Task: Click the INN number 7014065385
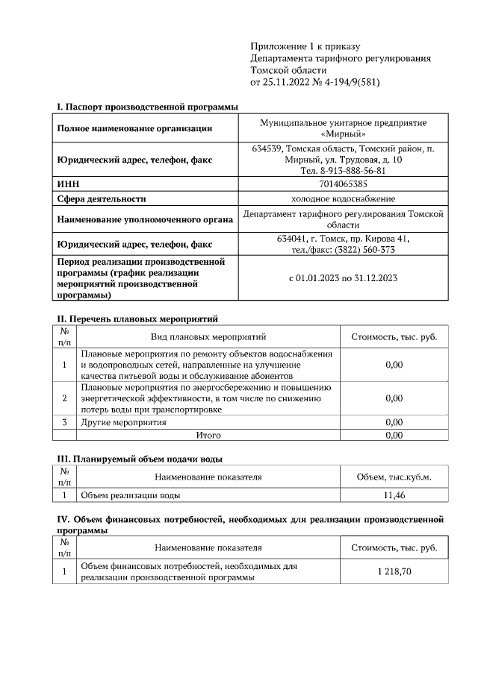coord(344,183)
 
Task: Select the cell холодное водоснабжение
coord(344,198)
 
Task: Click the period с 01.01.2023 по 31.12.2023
coord(344,278)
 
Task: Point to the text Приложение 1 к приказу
coord(295,46)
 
